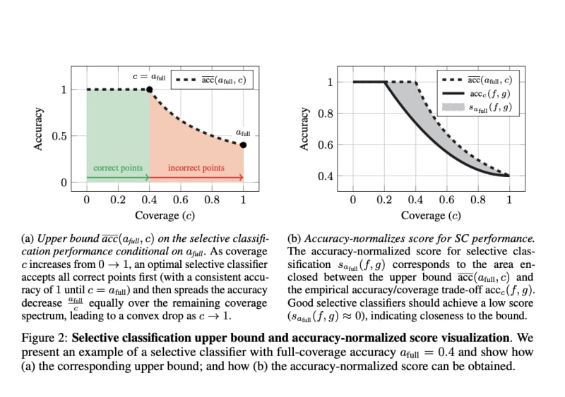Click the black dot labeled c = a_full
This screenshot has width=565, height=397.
pos(150,90)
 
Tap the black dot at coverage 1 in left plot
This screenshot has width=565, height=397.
pos(244,145)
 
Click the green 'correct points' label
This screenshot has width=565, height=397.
pos(118,168)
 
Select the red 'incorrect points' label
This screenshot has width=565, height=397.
pos(196,168)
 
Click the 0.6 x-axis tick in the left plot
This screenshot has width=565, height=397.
pos(181,200)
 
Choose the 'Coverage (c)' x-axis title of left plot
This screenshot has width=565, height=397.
pos(165,215)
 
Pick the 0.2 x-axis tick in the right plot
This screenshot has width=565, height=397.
pos(384,200)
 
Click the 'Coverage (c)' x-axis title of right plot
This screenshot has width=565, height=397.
pos(431,215)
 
